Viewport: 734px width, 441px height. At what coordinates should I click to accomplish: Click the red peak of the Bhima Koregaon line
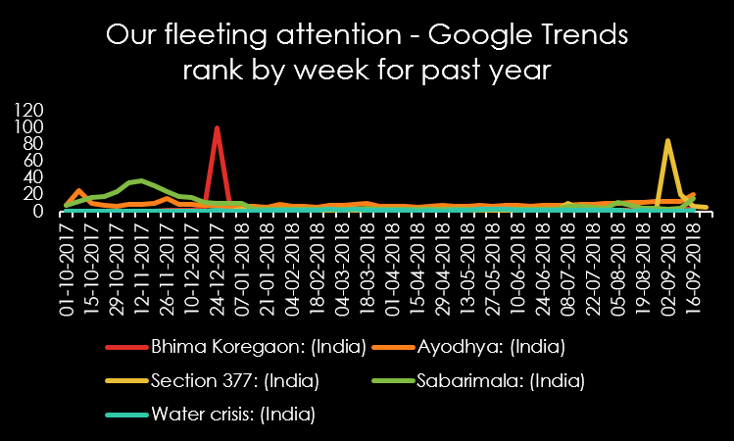tap(217, 128)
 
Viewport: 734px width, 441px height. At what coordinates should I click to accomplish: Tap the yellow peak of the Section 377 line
tap(667, 141)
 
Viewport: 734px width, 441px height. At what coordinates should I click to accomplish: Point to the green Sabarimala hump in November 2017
tap(142, 181)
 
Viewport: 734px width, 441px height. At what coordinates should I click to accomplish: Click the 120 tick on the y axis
tap(29, 111)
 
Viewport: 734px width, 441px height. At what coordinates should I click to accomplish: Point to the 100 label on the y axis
tap(29, 127)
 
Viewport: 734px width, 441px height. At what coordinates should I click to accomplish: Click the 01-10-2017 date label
tap(68, 256)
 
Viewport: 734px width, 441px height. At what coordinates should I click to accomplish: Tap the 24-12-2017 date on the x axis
tap(217, 256)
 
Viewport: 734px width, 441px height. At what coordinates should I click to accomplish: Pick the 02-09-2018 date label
tap(668, 256)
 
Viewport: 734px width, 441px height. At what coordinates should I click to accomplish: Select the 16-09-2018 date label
tap(693, 256)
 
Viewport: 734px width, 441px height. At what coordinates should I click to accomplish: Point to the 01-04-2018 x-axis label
tap(392, 256)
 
